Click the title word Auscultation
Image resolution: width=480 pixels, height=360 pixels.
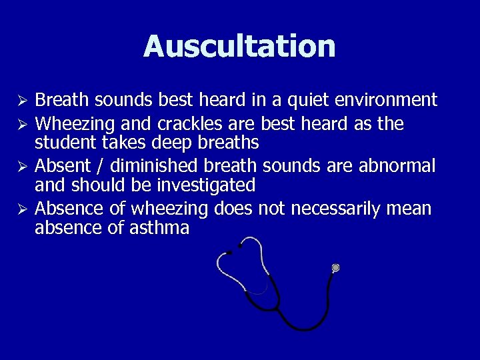click(239, 46)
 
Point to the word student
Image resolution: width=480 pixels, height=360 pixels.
click(62, 143)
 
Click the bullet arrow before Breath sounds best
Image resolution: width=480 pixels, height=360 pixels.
click(22, 101)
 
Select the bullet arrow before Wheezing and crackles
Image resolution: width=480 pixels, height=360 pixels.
click(22, 124)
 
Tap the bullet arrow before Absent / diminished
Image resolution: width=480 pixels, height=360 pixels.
click(22, 165)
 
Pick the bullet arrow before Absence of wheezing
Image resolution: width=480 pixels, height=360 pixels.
click(22, 209)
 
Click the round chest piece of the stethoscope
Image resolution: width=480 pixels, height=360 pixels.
click(335, 268)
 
